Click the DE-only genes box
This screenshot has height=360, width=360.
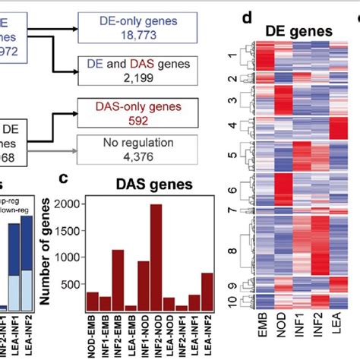pyautogui.click(x=125, y=27)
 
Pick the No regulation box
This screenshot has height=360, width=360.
pyautogui.click(x=125, y=150)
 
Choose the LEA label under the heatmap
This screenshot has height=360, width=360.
pyautogui.click(x=335, y=343)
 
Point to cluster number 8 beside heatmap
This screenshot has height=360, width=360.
pyautogui.click(x=232, y=248)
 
